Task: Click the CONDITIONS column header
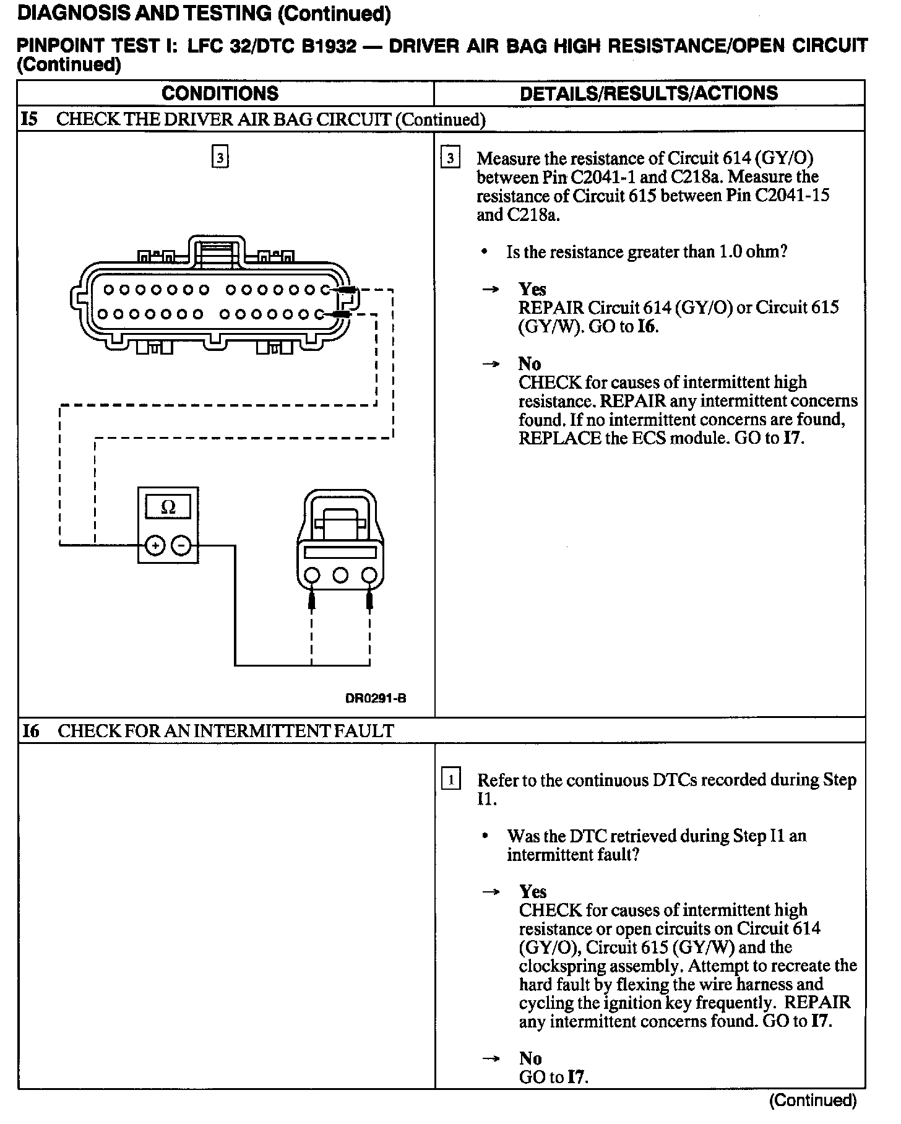point(220,93)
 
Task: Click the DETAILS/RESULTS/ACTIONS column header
point(649,93)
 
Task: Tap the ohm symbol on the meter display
point(168,508)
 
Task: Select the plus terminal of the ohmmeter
point(155,546)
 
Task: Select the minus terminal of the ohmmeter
point(181,546)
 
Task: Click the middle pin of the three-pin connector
point(340,576)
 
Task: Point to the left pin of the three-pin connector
point(312,576)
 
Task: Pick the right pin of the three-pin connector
point(369,576)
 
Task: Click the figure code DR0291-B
point(376,699)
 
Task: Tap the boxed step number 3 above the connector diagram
point(220,157)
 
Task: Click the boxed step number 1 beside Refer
point(450,779)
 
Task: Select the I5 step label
point(29,119)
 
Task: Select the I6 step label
point(30,731)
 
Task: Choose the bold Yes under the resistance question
point(532,289)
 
